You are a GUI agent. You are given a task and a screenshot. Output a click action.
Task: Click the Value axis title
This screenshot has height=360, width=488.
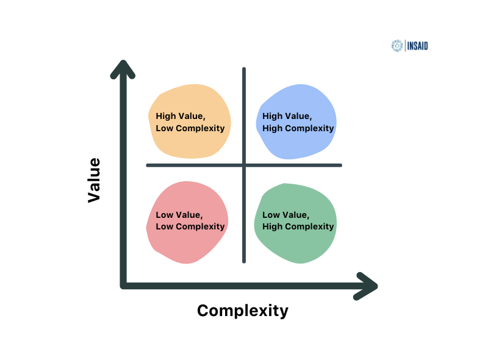pyautogui.click(x=94, y=180)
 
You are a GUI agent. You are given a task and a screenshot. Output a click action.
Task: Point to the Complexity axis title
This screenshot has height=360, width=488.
pyautogui.click(x=243, y=311)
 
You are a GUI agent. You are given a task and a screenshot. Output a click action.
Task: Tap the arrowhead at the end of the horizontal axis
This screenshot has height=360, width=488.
pyautogui.click(x=370, y=286)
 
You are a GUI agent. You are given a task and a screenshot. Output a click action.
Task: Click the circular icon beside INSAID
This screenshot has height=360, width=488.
pyautogui.click(x=397, y=46)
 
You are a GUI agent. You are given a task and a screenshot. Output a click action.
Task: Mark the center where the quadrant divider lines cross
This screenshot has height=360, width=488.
pyautogui.click(x=244, y=165)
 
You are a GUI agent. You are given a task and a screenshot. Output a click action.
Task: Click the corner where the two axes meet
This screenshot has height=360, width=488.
pyautogui.click(x=123, y=286)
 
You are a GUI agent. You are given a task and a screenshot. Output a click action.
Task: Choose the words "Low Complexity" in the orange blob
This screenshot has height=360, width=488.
pyautogui.click(x=190, y=128)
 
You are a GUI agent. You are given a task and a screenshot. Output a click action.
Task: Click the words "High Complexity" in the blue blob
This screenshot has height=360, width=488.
pyautogui.click(x=298, y=128)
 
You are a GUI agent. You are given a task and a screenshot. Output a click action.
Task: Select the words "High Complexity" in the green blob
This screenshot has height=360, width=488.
pyautogui.click(x=298, y=226)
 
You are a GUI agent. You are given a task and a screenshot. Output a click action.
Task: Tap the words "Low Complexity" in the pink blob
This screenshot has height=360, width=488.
pyautogui.click(x=190, y=226)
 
